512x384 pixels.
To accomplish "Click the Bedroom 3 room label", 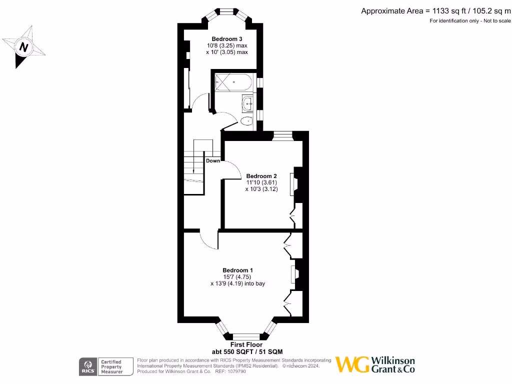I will click(x=227, y=39).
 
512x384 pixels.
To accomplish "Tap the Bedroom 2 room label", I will click(x=261, y=176).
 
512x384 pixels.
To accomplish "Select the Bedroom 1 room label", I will click(x=237, y=270).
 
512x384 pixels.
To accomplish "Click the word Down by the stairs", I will click(x=213, y=161).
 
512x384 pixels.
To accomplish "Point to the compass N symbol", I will click(x=23, y=47).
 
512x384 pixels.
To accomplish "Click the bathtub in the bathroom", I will click(x=233, y=81).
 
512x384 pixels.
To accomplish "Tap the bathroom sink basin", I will click(x=247, y=103).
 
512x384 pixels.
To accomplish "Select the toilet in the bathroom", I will click(x=246, y=121).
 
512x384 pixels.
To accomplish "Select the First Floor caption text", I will click(x=246, y=345).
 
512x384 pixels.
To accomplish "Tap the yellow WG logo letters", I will click(x=352, y=364).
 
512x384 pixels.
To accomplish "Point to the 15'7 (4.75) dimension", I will click(x=237, y=277).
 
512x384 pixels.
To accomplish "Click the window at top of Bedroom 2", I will click(x=282, y=134).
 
